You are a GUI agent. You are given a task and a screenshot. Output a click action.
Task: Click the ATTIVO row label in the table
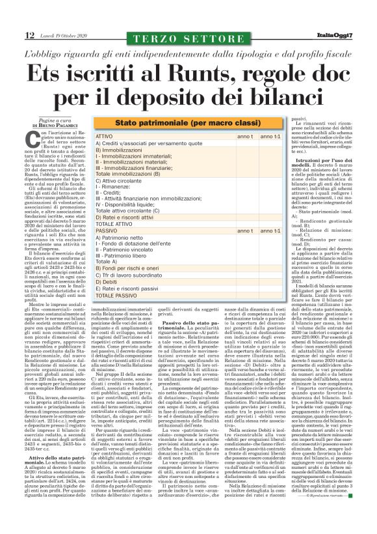105,136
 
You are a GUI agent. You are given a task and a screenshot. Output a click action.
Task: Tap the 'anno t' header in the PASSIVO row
226,231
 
